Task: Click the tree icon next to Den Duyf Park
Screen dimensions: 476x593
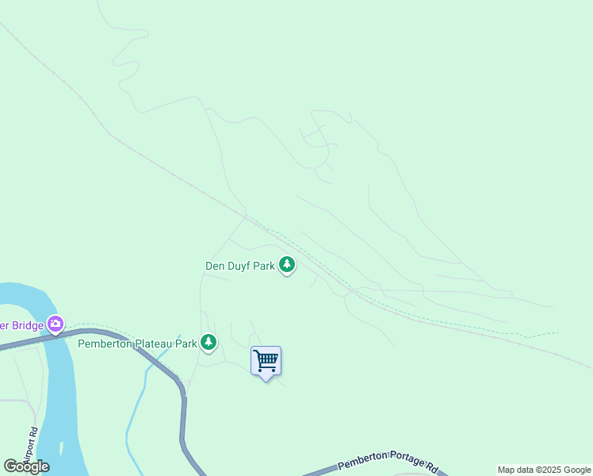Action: [x=287, y=265]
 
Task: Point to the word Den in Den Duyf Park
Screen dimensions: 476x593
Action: [x=216, y=267]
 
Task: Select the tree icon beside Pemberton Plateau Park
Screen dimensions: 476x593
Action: [x=209, y=342]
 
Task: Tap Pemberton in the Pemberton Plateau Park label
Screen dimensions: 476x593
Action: [x=103, y=344]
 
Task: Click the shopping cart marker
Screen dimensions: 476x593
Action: [x=266, y=361]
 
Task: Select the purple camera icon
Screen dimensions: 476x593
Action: [x=55, y=324]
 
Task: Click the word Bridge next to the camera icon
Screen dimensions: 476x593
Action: [x=26, y=324]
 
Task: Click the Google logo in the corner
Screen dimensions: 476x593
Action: [x=26, y=466]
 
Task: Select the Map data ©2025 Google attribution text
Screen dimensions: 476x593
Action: [x=544, y=470]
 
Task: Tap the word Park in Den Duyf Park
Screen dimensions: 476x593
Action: [x=265, y=267]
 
